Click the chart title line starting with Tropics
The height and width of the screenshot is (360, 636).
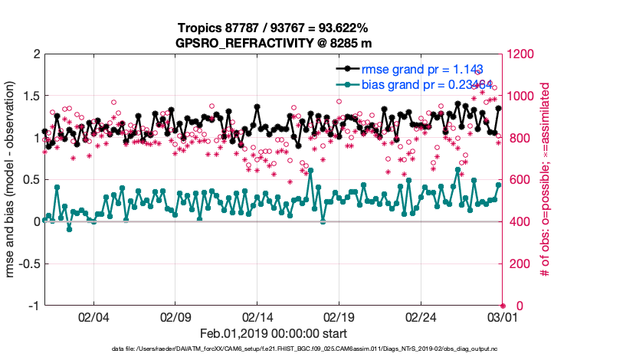[x=274, y=28]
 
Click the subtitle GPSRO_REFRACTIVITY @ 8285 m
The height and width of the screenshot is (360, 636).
[x=274, y=42]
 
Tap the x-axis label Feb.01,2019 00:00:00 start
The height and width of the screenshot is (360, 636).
[x=274, y=334]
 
